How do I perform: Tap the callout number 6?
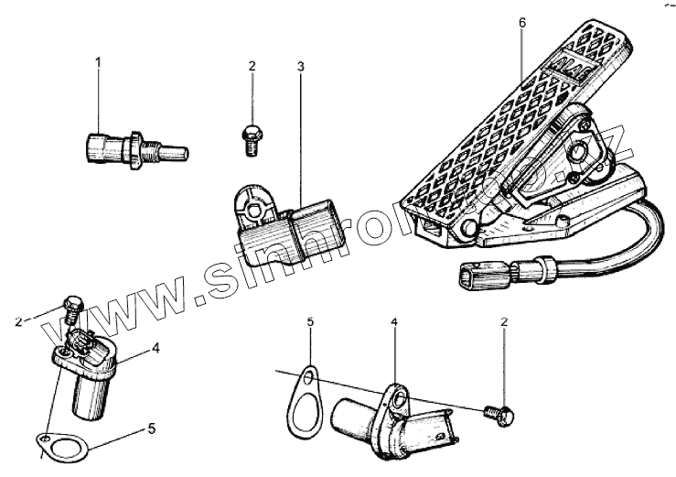521,23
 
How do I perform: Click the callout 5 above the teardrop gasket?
310,323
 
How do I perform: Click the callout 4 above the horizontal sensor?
394,323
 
